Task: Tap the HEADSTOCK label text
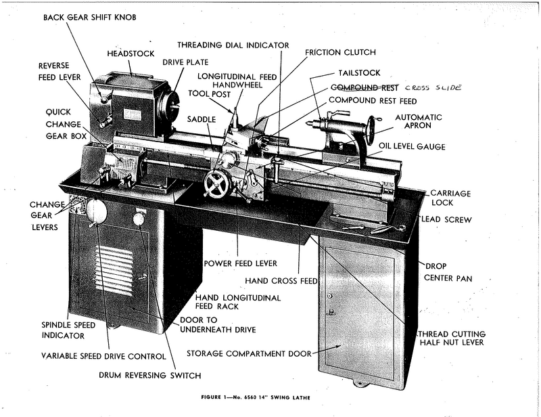131,53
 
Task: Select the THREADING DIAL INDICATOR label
233,45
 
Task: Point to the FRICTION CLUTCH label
340,52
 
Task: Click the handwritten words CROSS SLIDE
432,88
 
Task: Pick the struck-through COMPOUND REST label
363,87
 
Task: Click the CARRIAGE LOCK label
450,198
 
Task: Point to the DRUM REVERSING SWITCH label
150,374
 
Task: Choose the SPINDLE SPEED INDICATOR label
62,330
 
